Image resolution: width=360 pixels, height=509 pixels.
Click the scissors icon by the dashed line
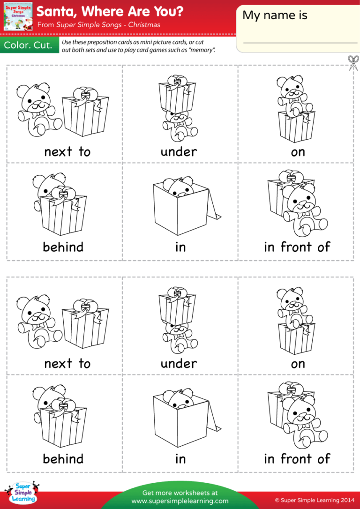353,62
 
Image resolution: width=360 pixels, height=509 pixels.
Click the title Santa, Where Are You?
110,11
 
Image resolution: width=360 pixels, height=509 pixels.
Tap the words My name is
275,15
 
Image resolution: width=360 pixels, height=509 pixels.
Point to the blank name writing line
300,42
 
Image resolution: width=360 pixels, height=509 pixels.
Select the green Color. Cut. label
28,46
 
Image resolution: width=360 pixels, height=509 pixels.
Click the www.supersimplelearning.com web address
180,501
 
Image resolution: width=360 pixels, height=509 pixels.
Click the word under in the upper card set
179,151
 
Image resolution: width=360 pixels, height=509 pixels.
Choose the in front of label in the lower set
297,458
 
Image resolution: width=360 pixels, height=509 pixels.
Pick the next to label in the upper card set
67,151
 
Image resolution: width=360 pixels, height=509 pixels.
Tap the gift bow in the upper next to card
86,95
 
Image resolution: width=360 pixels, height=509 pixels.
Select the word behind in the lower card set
63,458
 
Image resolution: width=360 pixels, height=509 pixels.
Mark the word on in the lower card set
298,364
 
